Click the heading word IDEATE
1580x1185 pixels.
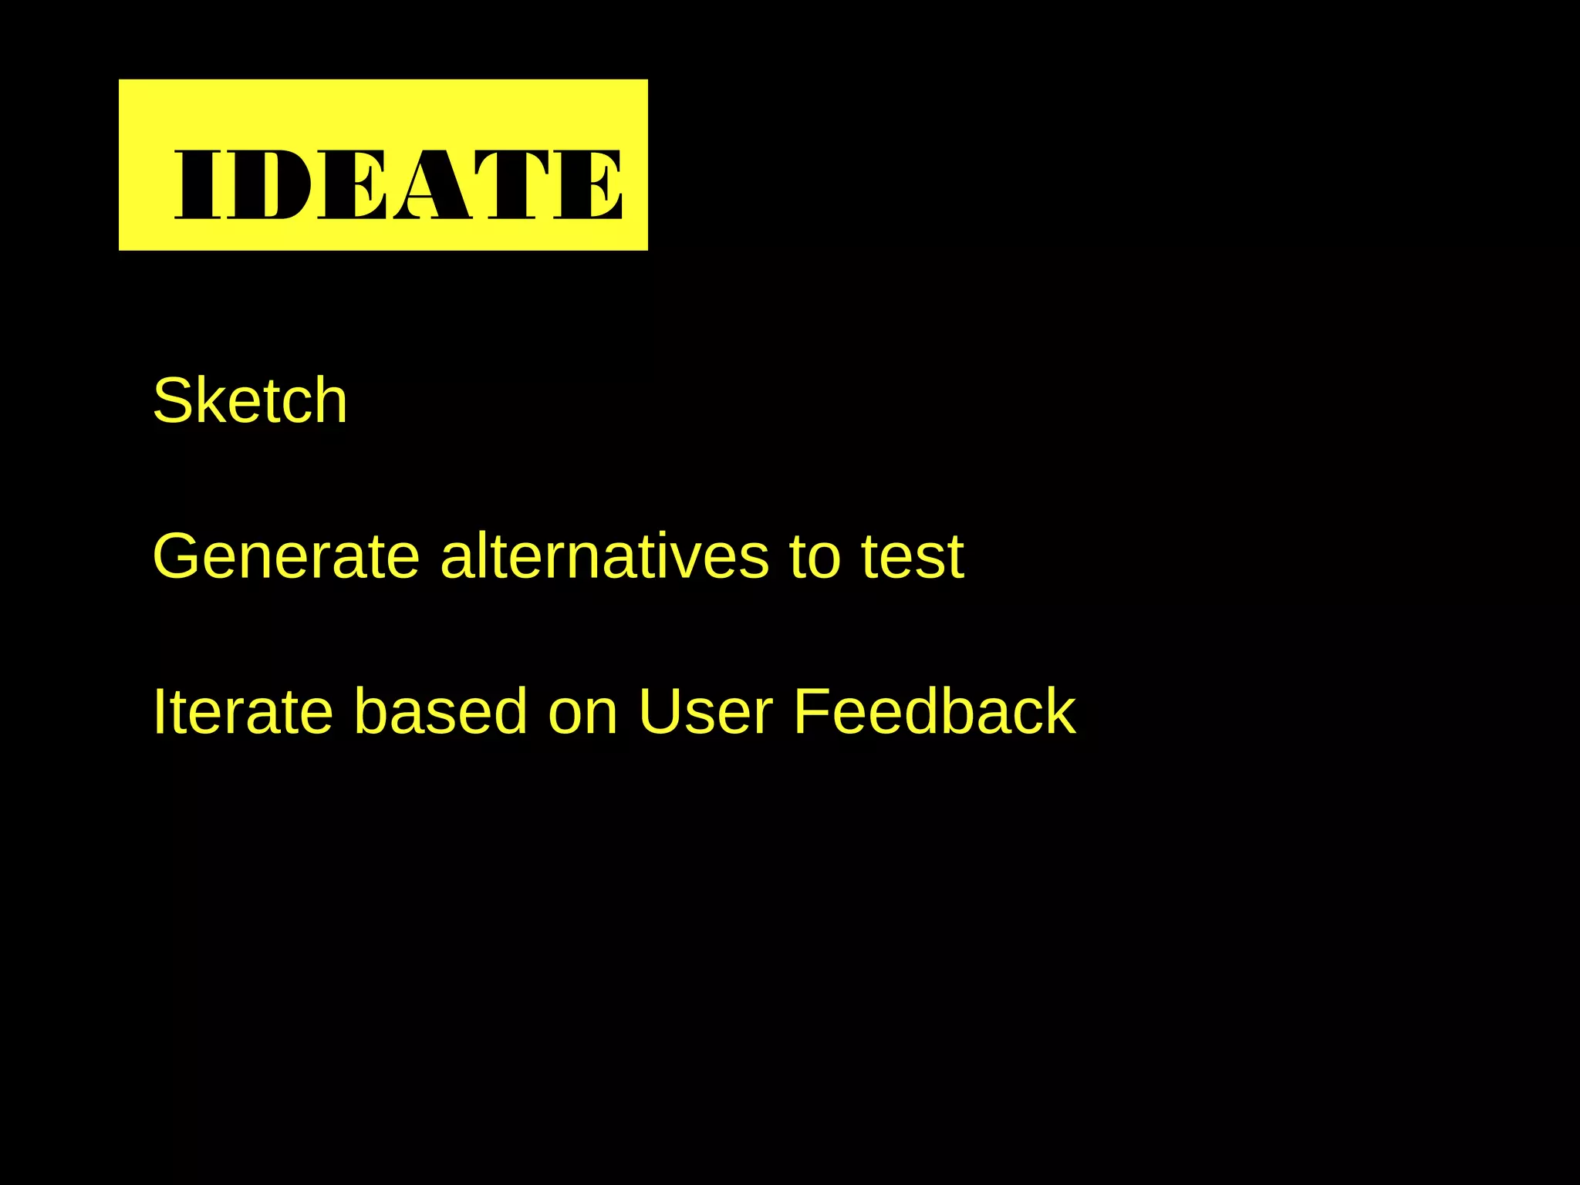tap(398, 184)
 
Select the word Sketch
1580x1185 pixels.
tap(250, 400)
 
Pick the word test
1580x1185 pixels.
tap(913, 557)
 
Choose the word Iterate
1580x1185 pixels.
tap(243, 711)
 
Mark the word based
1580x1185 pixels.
tap(441, 711)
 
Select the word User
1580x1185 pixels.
tap(706, 711)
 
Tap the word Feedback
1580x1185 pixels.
tap(934, 711)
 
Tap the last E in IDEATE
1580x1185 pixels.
tap(588, 184)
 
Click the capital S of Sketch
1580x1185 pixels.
tap(172, 400)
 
